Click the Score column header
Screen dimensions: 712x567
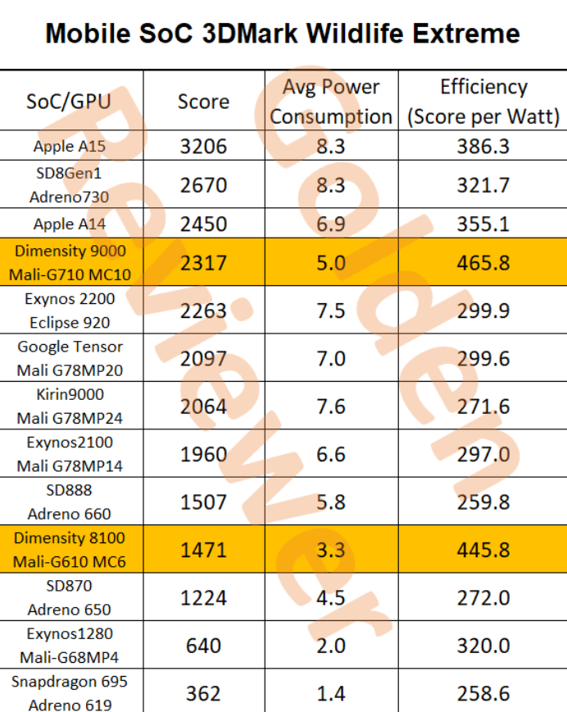tap(203, 102)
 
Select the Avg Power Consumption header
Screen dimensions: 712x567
tap(331, 102)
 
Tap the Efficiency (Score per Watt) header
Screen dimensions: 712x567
tap(483, 102)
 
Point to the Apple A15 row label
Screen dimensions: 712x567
tap(70, 147)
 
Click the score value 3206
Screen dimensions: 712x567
tap(203, 147)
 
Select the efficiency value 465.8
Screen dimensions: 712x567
tap(483, 262)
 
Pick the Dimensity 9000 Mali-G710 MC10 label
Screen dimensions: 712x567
tap(70, 262)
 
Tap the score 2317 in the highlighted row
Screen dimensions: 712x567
tap(203, 262)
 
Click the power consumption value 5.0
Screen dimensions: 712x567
tap(331, 262)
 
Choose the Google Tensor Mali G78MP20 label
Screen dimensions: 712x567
tap(70, 358)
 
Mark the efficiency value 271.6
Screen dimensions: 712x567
tap(483, 406)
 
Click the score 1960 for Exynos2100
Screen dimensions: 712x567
tap(203, 454)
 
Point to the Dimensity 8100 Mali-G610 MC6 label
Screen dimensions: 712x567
tap(70, 550)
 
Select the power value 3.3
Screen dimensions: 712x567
tap(331, 550)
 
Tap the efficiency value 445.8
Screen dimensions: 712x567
tap(483, 550)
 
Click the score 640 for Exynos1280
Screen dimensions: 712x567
tap(203, 646)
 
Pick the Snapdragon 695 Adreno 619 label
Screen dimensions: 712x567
tap(70, 692)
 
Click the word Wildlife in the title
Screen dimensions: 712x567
tap(361, 34)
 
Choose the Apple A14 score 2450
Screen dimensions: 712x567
tap(203, 224)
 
